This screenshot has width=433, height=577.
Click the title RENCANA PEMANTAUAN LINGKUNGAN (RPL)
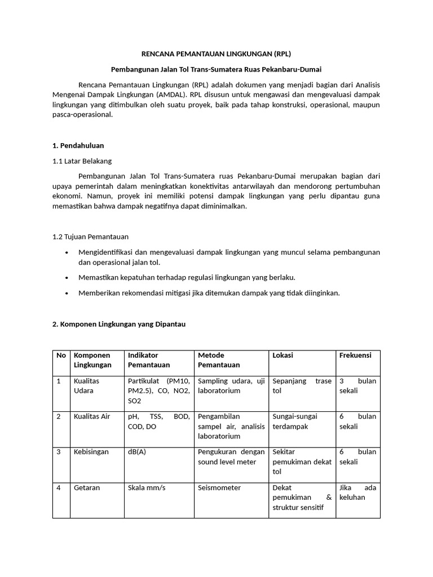216,55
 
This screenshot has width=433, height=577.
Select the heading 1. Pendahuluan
78,145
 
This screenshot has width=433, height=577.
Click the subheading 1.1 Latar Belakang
82,161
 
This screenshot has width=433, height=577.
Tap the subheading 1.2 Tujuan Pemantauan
90,237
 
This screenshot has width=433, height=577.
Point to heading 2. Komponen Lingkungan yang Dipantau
119,325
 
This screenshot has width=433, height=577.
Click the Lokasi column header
282,356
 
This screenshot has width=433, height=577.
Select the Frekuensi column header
355,356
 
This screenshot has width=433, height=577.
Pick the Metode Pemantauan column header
219,360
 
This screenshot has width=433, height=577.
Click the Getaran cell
87,487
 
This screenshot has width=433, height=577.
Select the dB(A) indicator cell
137,452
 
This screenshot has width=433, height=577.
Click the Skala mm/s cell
147,487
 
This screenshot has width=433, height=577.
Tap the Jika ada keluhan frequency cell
357,492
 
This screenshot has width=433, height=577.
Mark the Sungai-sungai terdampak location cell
295,421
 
